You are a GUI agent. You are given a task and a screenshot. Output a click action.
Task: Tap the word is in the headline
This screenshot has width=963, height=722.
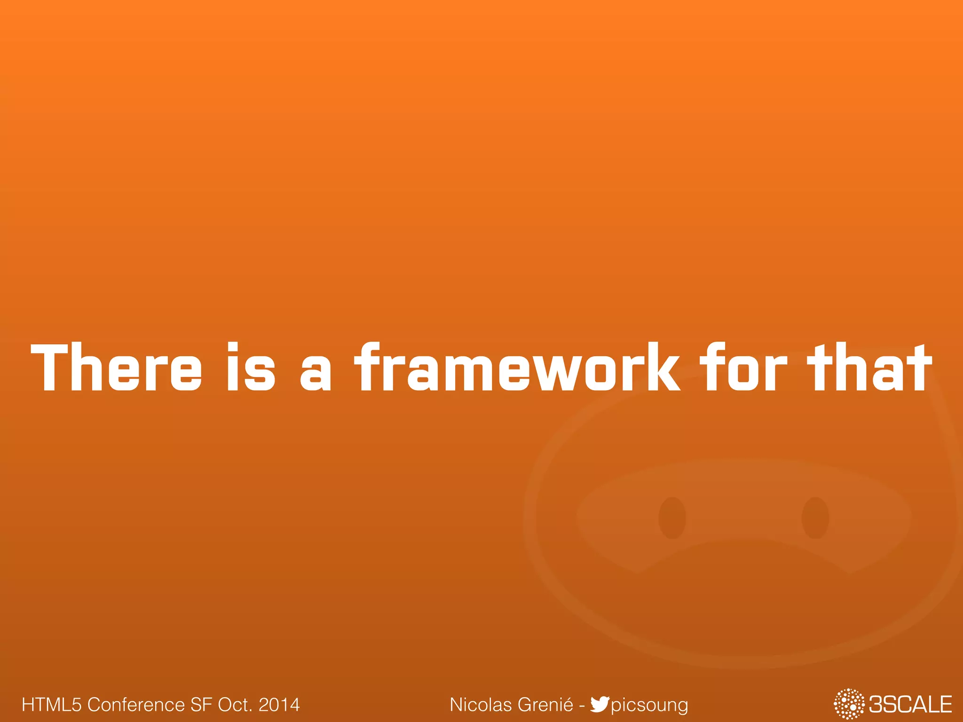pos(251,367)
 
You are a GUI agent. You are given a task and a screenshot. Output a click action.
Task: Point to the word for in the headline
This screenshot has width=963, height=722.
pos(743,367)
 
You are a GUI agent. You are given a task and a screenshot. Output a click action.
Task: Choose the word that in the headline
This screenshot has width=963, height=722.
pos(869,367)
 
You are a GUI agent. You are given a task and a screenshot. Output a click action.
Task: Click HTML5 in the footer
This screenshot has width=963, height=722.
pos(52,705)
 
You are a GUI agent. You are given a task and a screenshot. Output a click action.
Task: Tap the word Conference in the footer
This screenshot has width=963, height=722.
pos(136,705)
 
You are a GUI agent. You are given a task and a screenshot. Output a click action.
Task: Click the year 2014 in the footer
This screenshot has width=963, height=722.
pos(279,705)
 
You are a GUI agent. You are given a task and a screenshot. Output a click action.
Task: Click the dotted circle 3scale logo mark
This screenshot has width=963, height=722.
pos(849,704)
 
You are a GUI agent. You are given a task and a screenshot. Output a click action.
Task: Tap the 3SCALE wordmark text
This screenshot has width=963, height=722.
pos(910,705)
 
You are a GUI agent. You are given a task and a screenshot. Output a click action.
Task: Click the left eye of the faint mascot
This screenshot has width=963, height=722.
pos(672,518)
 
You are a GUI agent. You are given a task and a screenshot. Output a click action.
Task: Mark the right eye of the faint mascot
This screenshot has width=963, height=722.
pos(815,518)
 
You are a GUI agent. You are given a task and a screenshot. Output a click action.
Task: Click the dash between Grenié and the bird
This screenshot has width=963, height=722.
pos(582,706)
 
